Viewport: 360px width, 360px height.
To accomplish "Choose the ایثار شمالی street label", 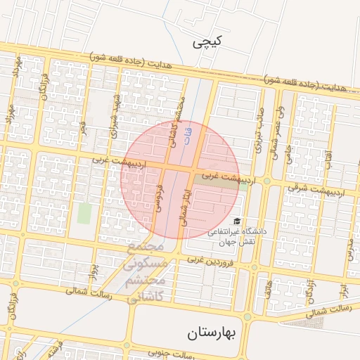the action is pos(185,205).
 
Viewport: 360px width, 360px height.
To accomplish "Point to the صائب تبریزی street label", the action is pos(258,131).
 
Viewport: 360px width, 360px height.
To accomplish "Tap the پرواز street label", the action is pos(92,271).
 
